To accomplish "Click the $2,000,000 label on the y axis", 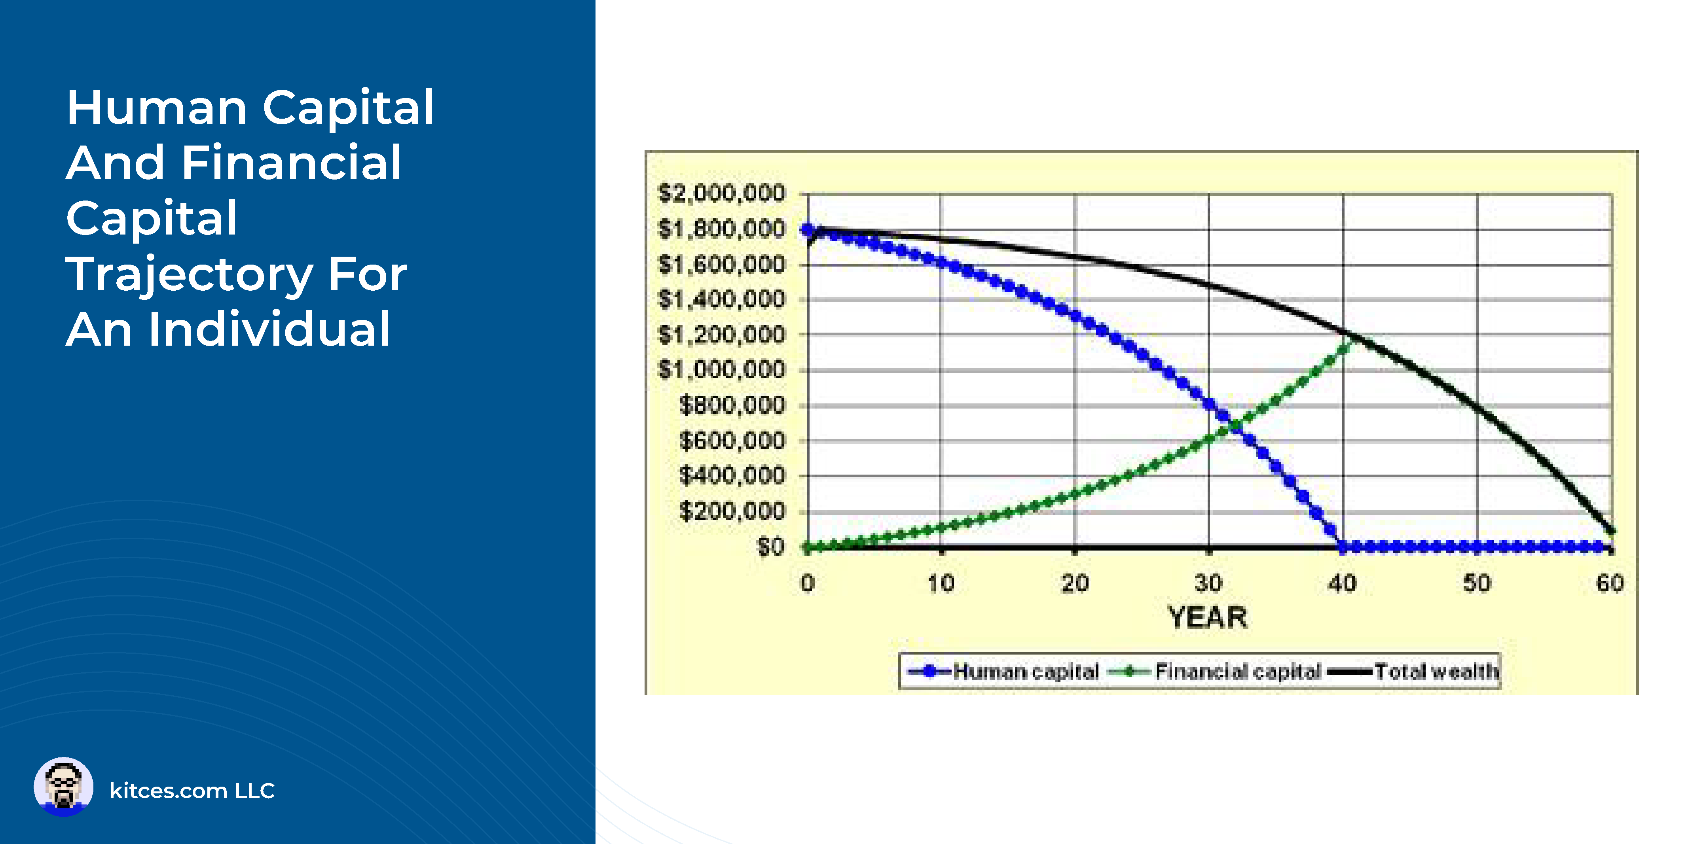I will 721,193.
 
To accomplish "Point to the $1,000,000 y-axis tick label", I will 721,370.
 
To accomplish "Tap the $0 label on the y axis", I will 771,546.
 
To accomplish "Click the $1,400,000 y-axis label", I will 721,299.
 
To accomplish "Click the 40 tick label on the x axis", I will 1342,583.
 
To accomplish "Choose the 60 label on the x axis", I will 1609,583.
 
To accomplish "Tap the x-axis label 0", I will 807,583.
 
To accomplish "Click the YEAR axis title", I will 1208,617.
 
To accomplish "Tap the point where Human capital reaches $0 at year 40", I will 1343,547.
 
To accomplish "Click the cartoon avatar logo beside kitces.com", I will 64,787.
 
